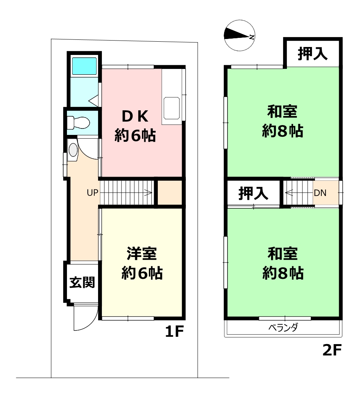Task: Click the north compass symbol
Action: point(239,36)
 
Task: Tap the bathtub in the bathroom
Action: point(84,66)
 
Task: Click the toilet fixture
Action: point(78,123)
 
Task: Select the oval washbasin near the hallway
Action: point(73,150)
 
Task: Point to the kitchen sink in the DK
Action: point(171,108)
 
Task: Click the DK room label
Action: point(135,116)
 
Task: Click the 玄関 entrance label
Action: point(82,282)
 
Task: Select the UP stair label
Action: point(92,193)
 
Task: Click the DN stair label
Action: point(320,193)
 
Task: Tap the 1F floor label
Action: point(174,331)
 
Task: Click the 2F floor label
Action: point(332,350)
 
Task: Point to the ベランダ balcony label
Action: point(283,327)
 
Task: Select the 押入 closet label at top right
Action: point(313,53)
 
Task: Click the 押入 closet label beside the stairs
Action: point(253,193)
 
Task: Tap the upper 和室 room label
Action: point(282,111)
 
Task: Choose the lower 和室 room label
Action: point(282,254)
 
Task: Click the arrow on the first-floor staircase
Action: point(126,193)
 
